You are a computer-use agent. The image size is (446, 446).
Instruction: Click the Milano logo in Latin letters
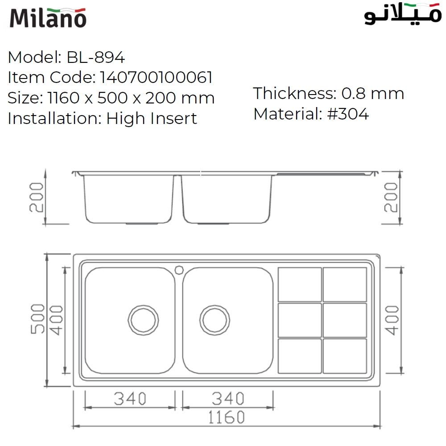point(48,17)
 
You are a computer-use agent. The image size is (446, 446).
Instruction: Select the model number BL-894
point(95,57)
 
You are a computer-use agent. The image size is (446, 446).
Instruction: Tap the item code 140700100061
point(156,78)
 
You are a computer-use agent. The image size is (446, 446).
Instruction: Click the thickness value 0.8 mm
point(372,94)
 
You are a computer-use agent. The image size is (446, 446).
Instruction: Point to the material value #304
point(348,114)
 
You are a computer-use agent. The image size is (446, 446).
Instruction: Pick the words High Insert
point(152,118)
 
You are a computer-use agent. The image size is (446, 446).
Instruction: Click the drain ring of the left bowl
point(143,319)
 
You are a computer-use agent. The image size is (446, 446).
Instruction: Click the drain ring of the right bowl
point(215,319)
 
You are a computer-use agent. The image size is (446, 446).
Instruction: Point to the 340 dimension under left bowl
point(130,398)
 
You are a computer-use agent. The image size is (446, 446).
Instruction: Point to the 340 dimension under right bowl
point(228,398)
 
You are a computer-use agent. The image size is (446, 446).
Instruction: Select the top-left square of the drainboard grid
point(300,284)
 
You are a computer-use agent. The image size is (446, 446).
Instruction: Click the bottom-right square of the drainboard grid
point(345,355)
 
